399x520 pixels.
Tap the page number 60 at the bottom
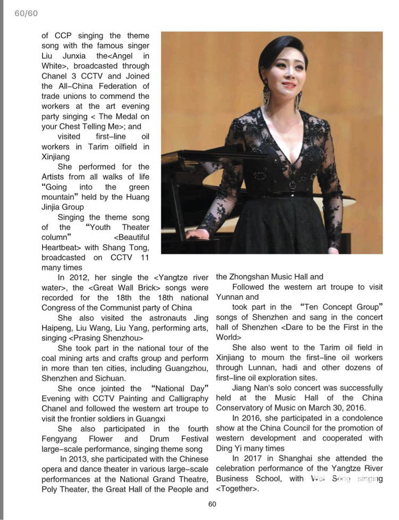point(212,504)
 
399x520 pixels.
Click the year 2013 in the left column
point(80,459)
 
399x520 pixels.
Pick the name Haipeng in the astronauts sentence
point(59,328)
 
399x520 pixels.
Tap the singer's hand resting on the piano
point(196,234)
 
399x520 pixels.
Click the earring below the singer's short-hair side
point(265,96)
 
